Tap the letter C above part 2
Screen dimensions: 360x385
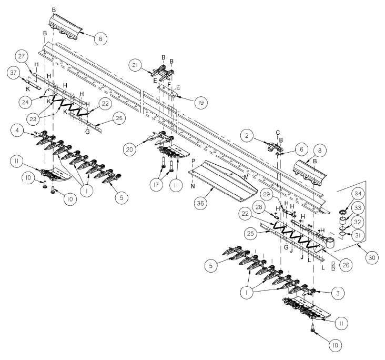[278, 132]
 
